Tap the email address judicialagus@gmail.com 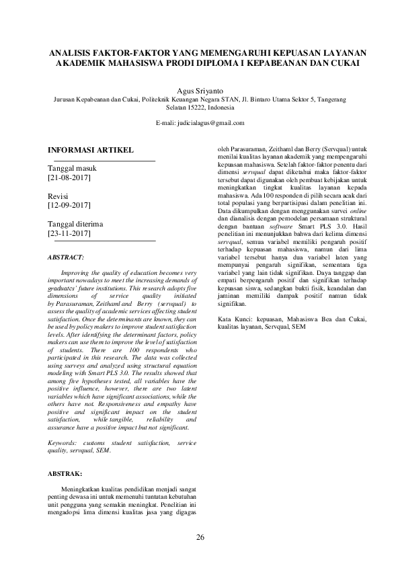[x=210, y=124]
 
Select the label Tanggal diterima [x=82, y=223]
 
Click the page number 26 [x=200, y=537]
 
